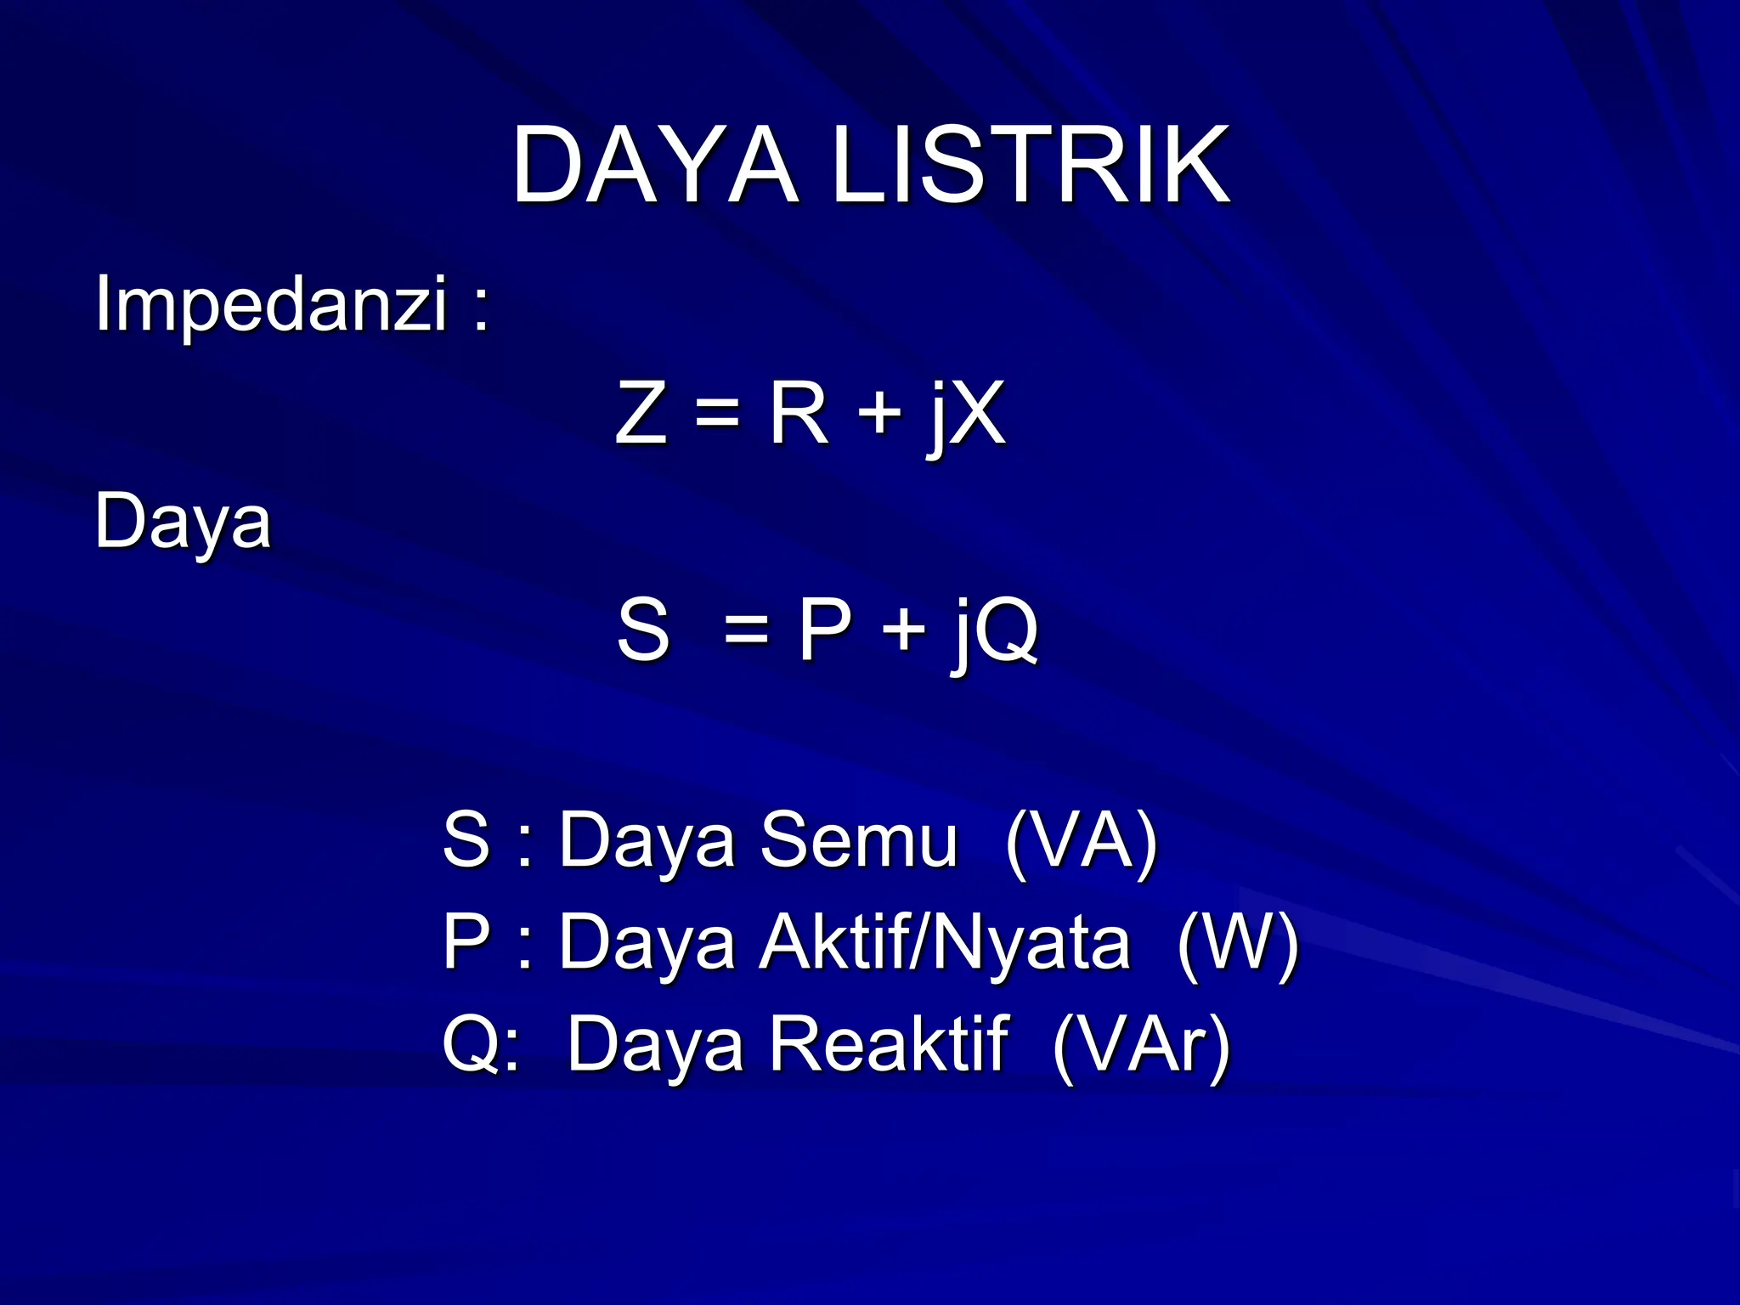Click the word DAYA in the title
654,166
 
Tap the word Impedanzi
270,304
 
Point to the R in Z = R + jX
799,413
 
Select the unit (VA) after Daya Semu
1081,841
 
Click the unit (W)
1238,943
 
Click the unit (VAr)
1141,1045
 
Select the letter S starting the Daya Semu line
466,839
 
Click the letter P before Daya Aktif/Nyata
466,941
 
